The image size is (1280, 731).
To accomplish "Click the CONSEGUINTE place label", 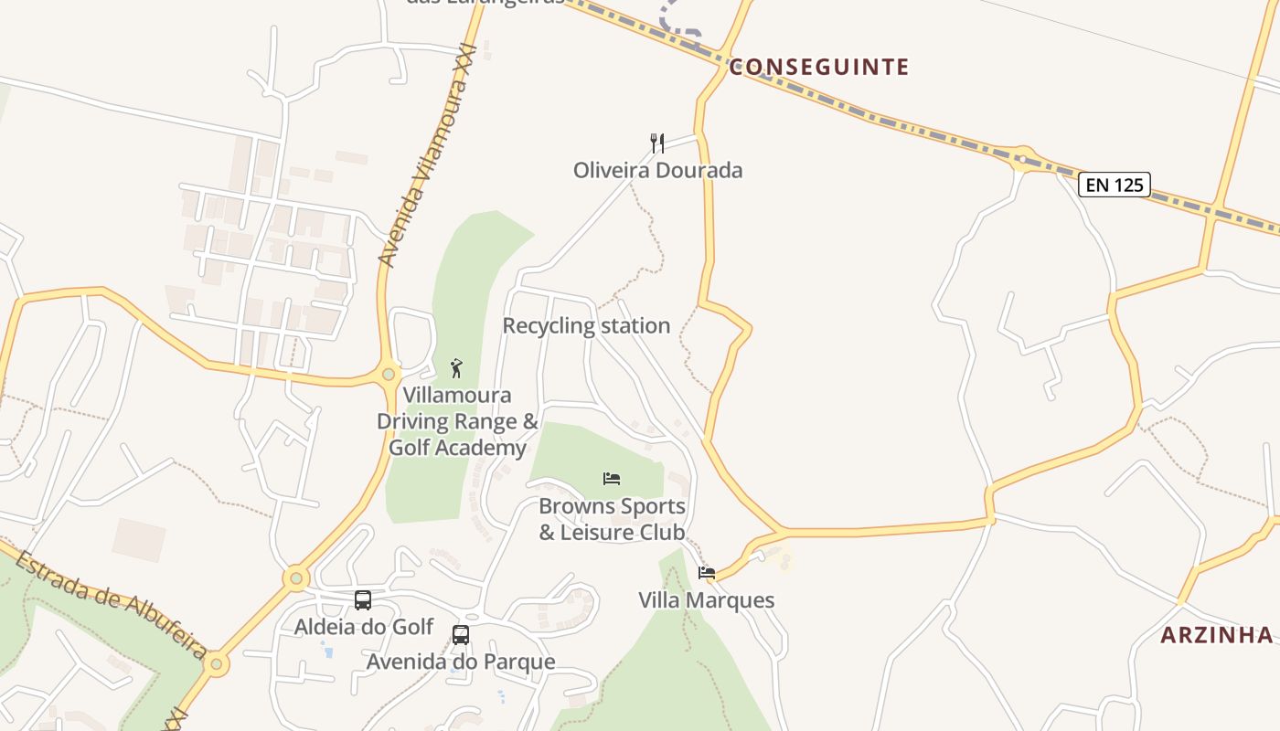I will pyautogui.click(x=818, y=67).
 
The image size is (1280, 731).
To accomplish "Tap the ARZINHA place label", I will pyautogui.click(x=1216, y=635).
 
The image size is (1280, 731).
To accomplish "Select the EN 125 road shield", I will pyautogui.click(x=1114, y=185).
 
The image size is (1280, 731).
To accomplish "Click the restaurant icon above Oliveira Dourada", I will pyautogui.click(x=656, y=143).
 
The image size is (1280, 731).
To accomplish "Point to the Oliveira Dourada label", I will pyautogui.click(x=657, y=170).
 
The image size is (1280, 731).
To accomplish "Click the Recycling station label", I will pyautogui.click(x=586, y=325).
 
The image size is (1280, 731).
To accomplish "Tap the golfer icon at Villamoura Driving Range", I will pyautogui.click(x=456, y=368).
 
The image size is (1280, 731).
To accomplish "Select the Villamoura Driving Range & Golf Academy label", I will pyautogui.click(x=457, y=421).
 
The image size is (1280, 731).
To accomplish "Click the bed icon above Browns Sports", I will pyautogui.click(x=612, y=478).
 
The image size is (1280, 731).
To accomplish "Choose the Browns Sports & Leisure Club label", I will pyautogui.click(x=612, y=519).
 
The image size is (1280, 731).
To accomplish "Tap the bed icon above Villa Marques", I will pyautogui.click(x=706, y=573).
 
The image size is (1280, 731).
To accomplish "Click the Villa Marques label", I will pyautogui.click(x=706, y=600).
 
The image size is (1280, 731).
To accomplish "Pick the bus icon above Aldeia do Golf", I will pyautogui.click(x=363, y=599).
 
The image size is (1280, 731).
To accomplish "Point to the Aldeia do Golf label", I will pyautogui.click(x=363, y=627).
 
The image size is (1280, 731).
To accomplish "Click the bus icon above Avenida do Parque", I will pyautogui.click(x=461, y=634).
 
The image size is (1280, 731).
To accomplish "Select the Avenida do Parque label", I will pyautogui.click(x=461, y=662).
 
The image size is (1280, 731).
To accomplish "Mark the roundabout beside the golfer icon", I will pyautogui.click(x=389, y=374).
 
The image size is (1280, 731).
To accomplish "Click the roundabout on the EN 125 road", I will pyautogui.click(x=1021, y=158).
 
